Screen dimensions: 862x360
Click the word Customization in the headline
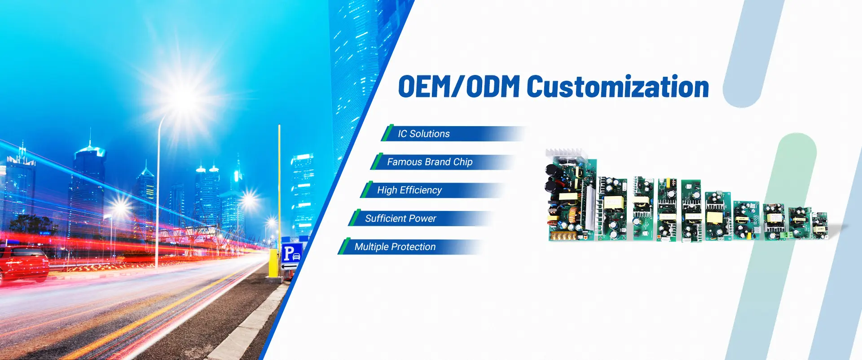click(x=618, y=87)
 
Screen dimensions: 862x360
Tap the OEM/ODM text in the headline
click(x=459, y=87)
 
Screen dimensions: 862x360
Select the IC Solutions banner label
click(x=424, y=134)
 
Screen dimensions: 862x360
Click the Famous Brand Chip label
click(x=430, y=162)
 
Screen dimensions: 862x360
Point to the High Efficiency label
click(x=409, y=190)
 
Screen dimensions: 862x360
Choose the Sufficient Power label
click(x=400, y=219)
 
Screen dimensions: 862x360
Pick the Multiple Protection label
click(x=395, y=247)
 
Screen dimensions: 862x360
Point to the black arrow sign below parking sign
click(x=289, y=267)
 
